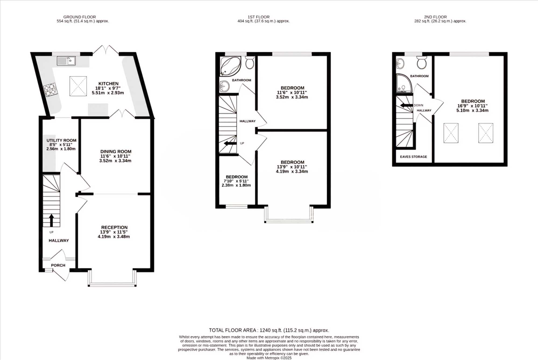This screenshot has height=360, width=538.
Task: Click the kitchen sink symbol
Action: (66, 61)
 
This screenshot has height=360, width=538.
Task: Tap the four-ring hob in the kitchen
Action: (51, 89)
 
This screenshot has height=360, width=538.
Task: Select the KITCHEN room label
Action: (108, 84)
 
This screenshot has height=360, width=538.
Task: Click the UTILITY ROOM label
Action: (61, 140)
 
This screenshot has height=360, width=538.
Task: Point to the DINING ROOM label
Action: (116, 152)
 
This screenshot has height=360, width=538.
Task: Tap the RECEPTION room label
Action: (114, 227)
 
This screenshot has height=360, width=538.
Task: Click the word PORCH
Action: (58, 265)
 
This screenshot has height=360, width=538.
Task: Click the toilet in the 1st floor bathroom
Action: (250, 62)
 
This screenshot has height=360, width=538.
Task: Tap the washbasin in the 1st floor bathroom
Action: (224, 86)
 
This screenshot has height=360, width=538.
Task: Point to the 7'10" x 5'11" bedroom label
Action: (236, 181)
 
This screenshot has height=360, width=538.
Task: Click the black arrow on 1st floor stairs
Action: (230, 143)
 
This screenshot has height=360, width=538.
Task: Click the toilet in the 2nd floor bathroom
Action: (422, 63)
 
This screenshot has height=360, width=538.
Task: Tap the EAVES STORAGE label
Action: (413, 157)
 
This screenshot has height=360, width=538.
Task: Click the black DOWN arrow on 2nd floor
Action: (406, 105)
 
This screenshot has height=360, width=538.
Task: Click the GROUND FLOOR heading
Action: (80, 17)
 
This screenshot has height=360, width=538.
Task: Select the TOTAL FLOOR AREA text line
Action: (269, 330)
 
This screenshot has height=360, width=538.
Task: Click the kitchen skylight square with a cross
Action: (78, 86)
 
